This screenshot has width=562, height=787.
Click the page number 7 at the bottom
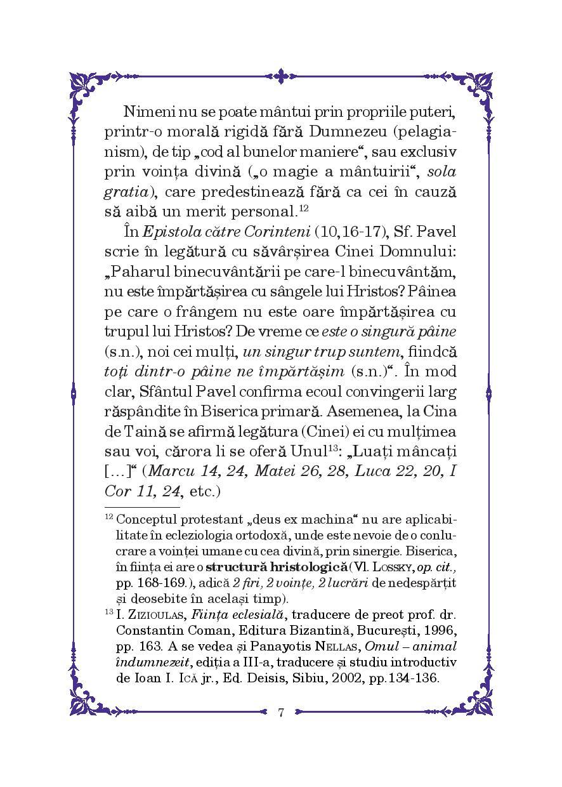click(280, 711)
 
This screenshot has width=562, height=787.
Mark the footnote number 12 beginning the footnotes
click(108, 517)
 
